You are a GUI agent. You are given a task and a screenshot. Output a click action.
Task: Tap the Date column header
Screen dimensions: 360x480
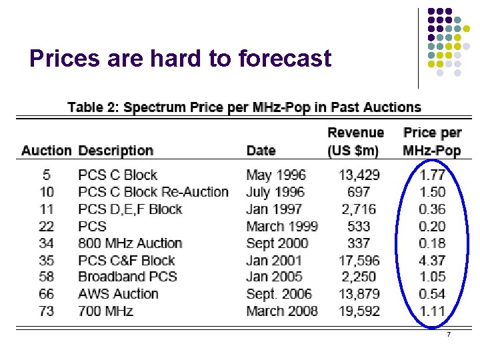(x=261, y=151)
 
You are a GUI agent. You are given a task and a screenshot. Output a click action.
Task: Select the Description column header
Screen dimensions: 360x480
(x=115, y=151)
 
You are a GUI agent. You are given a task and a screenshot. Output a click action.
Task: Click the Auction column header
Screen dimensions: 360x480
(x=46, y=151)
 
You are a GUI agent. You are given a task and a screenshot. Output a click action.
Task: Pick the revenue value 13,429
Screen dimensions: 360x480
(x=359, y=175)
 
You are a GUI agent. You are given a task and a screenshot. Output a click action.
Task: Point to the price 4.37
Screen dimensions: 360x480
(x=432, y=260)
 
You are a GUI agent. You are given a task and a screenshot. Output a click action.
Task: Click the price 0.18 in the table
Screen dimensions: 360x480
(x=432, y=243)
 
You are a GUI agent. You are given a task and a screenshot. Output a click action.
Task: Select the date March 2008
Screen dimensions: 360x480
(x=282, y=311)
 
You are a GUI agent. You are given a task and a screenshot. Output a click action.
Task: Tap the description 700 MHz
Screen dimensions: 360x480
(x=105, y=311)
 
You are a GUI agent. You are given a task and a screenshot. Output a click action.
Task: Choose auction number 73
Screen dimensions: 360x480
(x=46, y=311)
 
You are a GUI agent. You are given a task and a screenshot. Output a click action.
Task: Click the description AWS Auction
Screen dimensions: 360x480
(x=118, y=294)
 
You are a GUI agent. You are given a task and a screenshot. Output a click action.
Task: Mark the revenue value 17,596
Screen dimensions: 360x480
(x=359, y=260)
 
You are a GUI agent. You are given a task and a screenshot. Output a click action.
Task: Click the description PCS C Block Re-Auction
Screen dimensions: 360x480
(x=153, y=192)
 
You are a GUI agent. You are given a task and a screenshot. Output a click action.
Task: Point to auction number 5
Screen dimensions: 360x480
(x=46, y=175)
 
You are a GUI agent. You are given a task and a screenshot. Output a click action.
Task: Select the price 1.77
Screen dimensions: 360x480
(x=432, y=175)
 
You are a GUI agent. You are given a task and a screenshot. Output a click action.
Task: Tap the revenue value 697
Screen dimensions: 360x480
(x=364, y=192)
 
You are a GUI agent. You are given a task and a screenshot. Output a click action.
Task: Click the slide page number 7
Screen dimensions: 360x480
(x=449, y=334)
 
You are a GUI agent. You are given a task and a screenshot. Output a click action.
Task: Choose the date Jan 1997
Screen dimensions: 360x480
(x=273, y=209)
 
